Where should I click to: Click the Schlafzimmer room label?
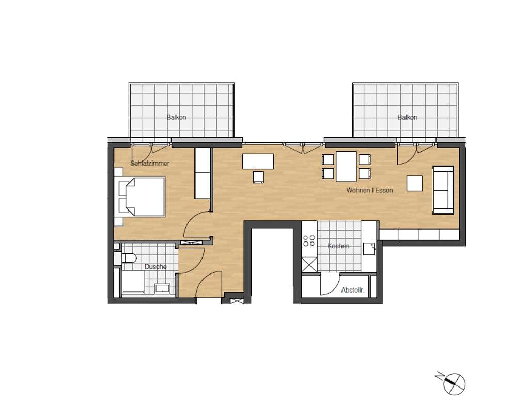coord(150,163)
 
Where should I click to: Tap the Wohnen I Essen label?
coord(369,190)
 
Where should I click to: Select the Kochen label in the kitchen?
coord(338,246)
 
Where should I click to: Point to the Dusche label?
coord(155,267)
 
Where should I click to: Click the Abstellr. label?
coord(352,290)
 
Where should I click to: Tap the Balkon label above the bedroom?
coord(176,117)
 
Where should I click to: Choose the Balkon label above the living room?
coord(407,117)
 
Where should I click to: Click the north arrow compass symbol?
coord(453,383)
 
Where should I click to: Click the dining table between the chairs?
coord(346,166)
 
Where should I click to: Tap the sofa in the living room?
coord(443,190)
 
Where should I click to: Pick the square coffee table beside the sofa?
coord(414,183)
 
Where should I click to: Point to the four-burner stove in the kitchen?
coord(309,240)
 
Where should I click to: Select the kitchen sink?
coord(369,249)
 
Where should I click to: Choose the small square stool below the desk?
coord(258,177)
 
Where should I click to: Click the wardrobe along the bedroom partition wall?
coord(203,173)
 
